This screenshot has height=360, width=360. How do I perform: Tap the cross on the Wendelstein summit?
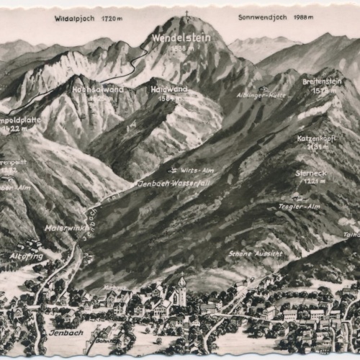click(x=186, y=14)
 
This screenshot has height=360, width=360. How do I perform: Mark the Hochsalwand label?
click(x=97, y=89)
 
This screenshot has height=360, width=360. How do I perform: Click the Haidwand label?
click(x=168, y=89)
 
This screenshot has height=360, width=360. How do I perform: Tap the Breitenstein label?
click(x=322, y=81)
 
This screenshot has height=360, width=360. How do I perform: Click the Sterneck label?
click(x=311, y=173)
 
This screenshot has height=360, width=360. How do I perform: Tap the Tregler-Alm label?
click(x=299, y=206)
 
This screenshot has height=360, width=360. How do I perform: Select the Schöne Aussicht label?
click(x=255, y=253)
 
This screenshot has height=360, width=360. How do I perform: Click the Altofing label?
click(x=27, y=256)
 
